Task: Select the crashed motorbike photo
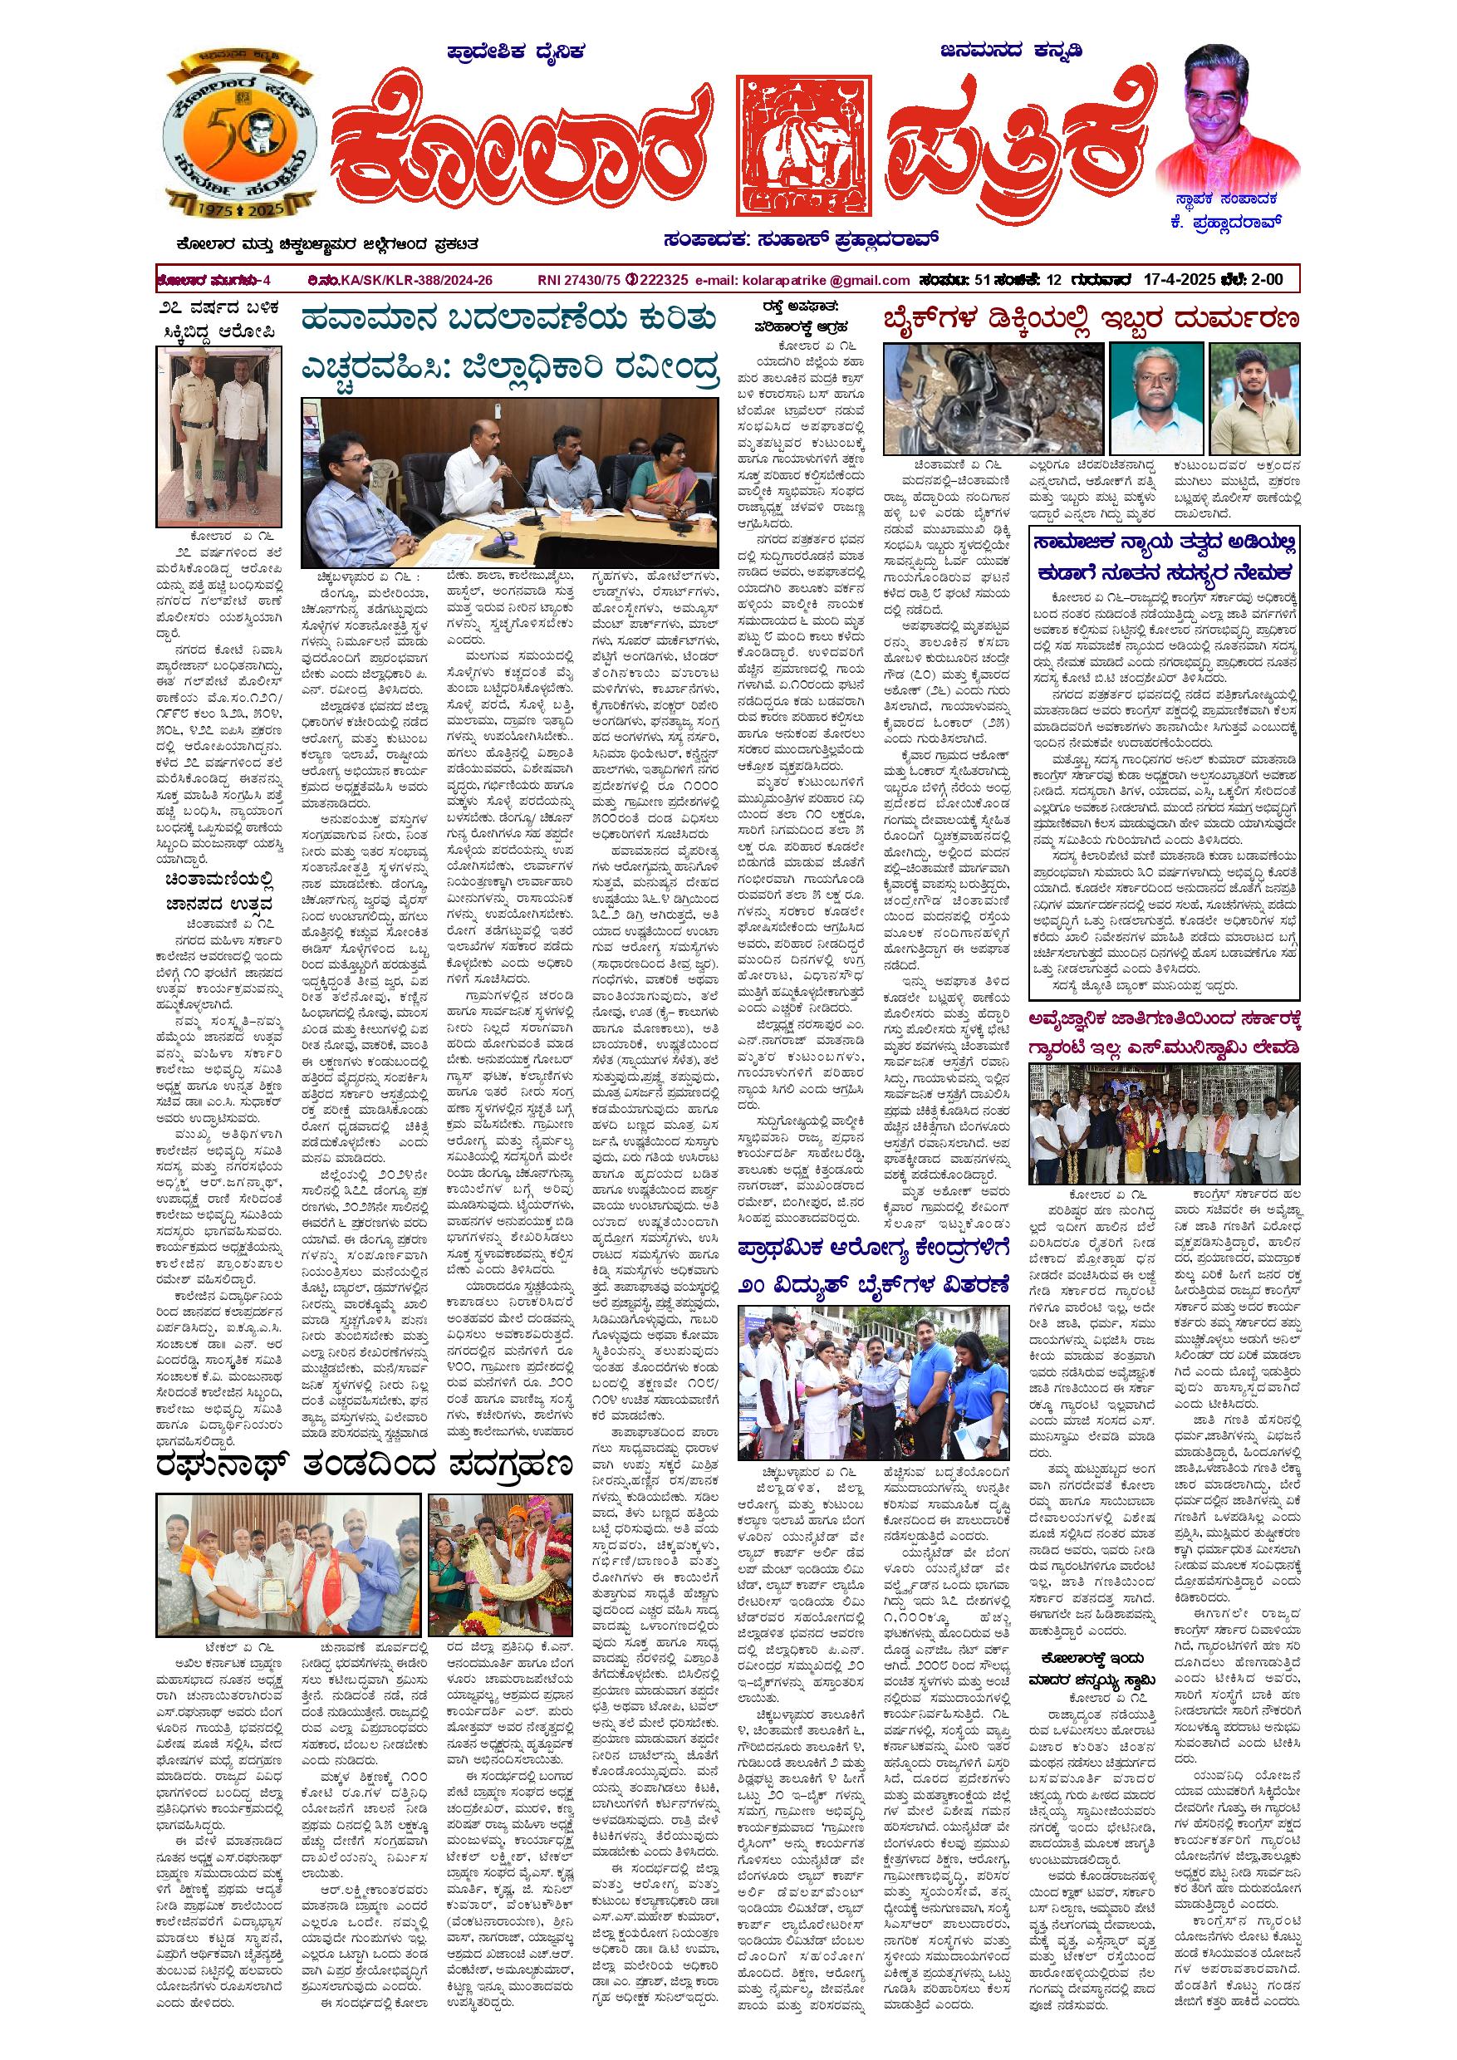tap(990, 400)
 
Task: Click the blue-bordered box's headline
tap(1164, 557)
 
